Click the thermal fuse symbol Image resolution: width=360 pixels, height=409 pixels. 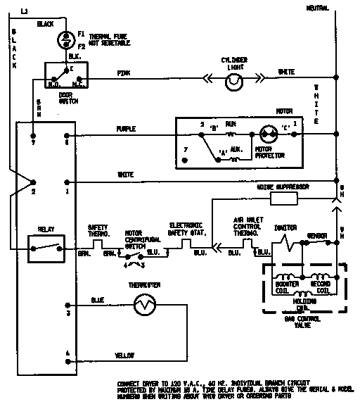pos(65,37)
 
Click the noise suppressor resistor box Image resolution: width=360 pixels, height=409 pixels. pos(281,199)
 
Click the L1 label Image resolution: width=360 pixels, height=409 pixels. pos(23,12)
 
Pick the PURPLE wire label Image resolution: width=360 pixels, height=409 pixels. pos(127,129)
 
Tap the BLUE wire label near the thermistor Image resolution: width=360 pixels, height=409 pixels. pos(98,299)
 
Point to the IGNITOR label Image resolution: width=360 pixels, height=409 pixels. pos(284,227)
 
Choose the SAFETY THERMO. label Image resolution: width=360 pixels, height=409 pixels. pos(98,230)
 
